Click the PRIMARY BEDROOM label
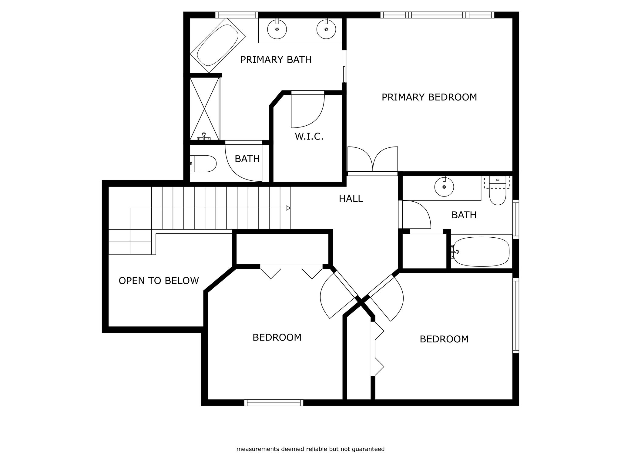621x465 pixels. (429, 97)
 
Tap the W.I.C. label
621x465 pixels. (309, 137)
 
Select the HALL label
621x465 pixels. (351, 199)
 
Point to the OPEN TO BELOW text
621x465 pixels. (159, 281)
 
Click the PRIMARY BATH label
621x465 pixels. (276, 60)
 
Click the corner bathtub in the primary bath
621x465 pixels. (217, 45)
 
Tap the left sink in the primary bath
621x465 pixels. (277, 29)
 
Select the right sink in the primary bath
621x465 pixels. (326, 29)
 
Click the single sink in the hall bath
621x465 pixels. (444, 187)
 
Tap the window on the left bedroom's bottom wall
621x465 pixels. (274, 403)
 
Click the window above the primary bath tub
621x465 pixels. (237, 15)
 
